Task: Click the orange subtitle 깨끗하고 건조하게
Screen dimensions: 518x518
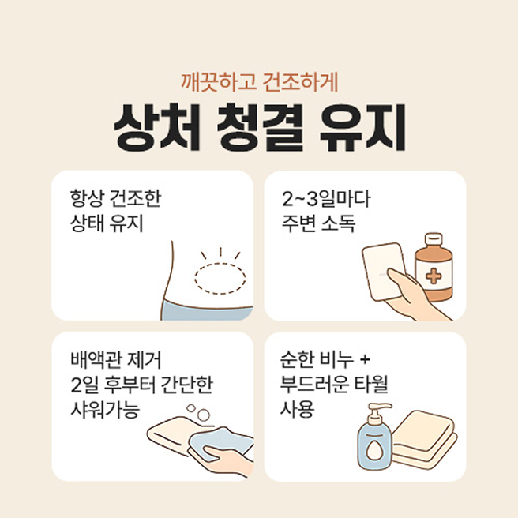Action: pos(259,83)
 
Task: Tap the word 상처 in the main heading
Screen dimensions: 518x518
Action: pos(157,127)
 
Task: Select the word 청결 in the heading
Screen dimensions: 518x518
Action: pos(260,127)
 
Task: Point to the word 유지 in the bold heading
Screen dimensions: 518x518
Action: pos(362,127)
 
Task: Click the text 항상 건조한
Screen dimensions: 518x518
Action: pos(115,198)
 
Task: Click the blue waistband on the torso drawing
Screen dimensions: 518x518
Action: pos(207,312)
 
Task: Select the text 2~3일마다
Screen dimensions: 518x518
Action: pos(326,199)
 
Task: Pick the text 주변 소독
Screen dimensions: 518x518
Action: pos(318,223)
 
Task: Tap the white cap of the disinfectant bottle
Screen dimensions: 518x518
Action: pos(434,238)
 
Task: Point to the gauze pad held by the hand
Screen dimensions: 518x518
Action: pos(385,271)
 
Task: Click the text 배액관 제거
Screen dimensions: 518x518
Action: pos(116,360)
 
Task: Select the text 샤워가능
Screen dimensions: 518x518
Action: pos(105,409)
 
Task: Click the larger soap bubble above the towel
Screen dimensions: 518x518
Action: pos(203,415)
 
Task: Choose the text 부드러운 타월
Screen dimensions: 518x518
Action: pos(334,385)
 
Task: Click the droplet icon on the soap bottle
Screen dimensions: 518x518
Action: pos(373,450)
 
